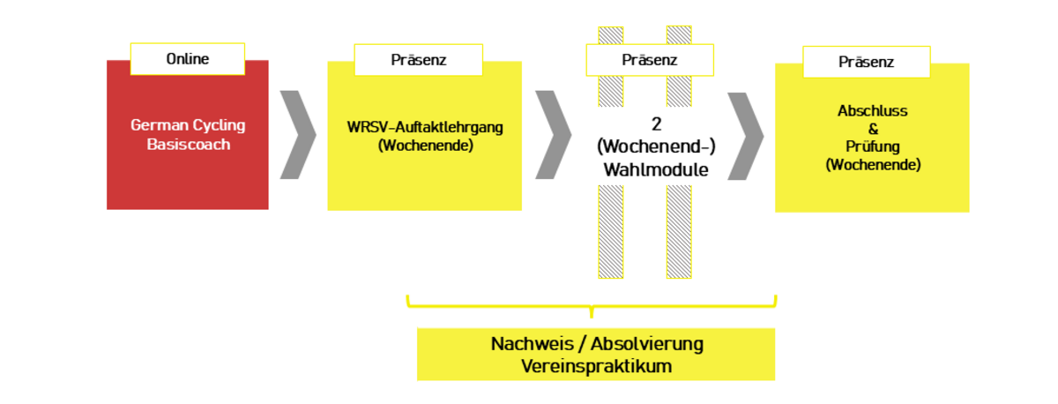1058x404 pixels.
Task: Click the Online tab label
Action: pyautogui.click(x=187, y=59)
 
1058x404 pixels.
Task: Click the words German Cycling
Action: pyautogui.click(x=187, y=125)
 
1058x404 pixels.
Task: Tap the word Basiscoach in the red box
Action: pyautogui.click(x=188, y=144)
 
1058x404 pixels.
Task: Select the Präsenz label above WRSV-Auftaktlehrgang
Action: pyautogui.click(x=418, y=60)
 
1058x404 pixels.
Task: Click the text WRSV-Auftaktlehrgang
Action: pyautogui.click(x=425, y=126)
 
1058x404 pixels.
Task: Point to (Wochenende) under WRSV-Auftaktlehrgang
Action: pyautogui.click(x=425, y=145)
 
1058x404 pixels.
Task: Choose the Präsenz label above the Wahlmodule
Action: pyautogui.click(x=649, y=60)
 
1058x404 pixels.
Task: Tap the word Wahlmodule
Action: pyautogui.click(x=655, y=170)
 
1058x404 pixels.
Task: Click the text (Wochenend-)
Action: pyautogui.click(x=655, y=148)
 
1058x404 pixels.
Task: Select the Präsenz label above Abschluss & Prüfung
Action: pyautogui.click(x=866, y=62)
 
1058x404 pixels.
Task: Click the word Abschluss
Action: pyautogui.click(x=872, y=112)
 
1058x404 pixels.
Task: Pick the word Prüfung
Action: pyautogui.click(x=872, y=146)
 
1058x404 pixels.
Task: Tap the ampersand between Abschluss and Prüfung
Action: pyautogui.click(x=872, y=130)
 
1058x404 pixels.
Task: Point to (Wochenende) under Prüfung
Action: pyautogui.click(x=872, y=164)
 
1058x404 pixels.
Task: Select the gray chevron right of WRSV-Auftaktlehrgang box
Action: pyautogui.click(x=553, y=134)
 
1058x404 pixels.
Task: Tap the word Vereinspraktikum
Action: pyautogui.click(x=596, y=365)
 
